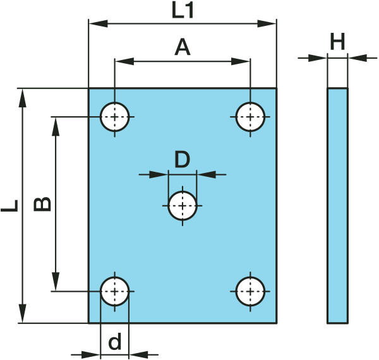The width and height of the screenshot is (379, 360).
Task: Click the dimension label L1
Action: point(183,11)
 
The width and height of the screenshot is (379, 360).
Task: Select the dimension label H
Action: point(337,42)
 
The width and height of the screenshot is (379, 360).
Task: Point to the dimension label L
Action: point(9,206)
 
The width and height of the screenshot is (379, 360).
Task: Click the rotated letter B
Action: point(42,204)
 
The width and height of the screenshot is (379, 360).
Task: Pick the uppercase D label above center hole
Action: point(182,159)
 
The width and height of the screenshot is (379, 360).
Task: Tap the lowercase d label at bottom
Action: point(115,342)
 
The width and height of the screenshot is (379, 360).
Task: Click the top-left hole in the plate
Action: point(115,117)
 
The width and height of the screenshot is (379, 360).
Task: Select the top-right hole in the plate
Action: point(251,117)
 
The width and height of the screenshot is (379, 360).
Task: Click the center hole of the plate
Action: point(183,206)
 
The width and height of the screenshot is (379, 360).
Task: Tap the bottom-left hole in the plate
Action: point(115,291)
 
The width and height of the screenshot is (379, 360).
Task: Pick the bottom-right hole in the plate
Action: point(251,291)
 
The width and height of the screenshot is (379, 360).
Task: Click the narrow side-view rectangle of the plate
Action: point(337,206)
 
